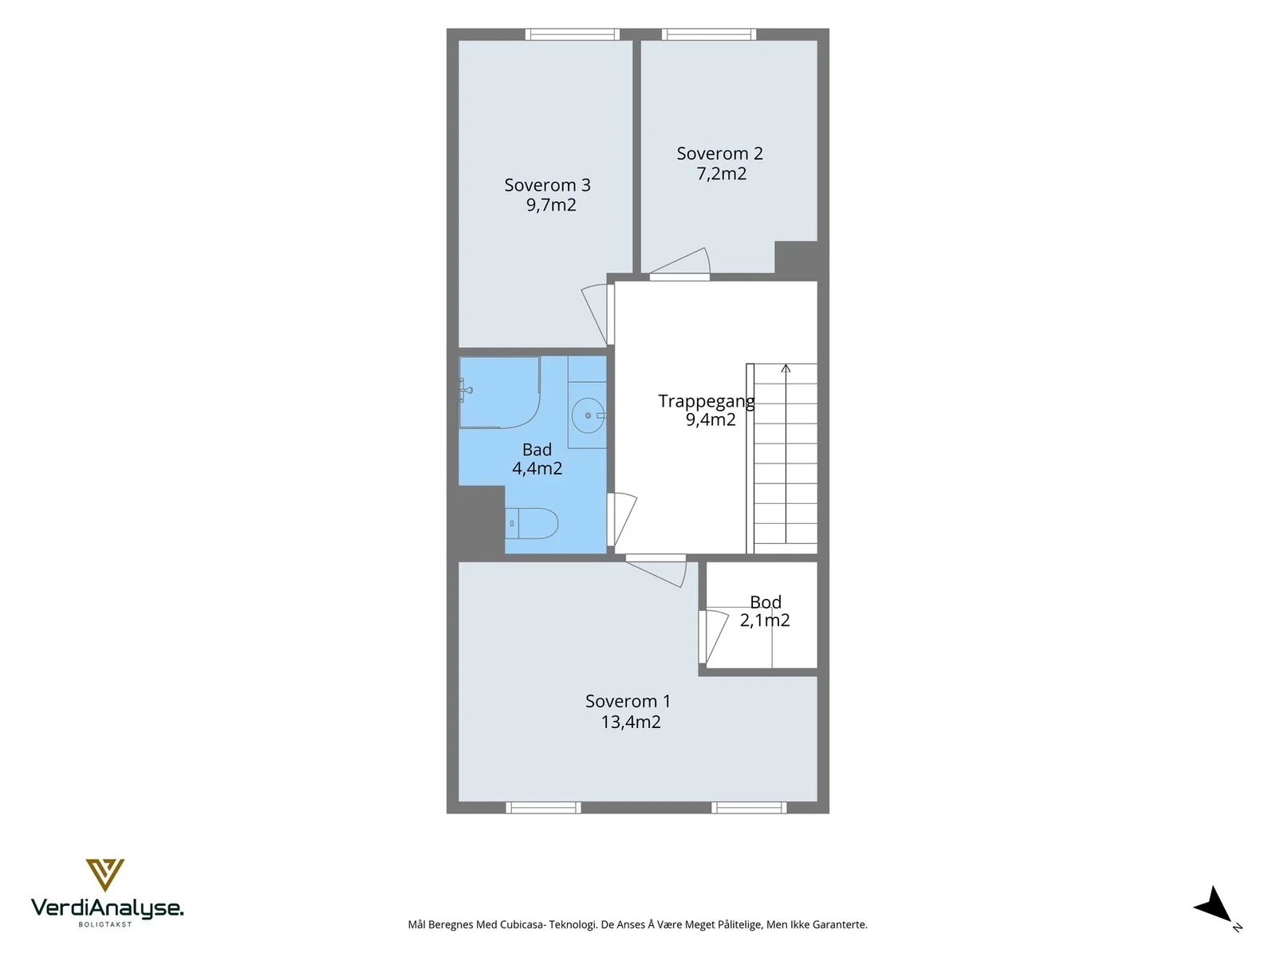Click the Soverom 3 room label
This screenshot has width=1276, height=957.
point(547,185)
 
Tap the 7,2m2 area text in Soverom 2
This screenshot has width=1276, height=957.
point(722,173)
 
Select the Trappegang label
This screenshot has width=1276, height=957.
point(707,401)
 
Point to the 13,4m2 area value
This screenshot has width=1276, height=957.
point(631,722)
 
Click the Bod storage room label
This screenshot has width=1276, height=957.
point(766,601)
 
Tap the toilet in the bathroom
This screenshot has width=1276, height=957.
point(531,523)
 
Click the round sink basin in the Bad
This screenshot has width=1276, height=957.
point(589,415)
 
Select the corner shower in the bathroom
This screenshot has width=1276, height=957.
point(500,392)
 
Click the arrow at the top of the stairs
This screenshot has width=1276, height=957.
point(786,368)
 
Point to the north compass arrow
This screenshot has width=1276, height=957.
point(1216,908)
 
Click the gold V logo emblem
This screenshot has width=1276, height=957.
point(104,875)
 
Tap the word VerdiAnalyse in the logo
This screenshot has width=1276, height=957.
point(107,908)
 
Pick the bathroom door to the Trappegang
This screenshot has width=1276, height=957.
point(621,519)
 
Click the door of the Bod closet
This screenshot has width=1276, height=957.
point(713,636)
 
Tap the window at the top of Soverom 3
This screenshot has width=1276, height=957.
point(572,34)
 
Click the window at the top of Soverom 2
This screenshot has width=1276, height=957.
point(709,34)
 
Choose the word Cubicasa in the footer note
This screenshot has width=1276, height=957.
point(522,924)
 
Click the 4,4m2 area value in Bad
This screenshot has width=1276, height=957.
point(538,468)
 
